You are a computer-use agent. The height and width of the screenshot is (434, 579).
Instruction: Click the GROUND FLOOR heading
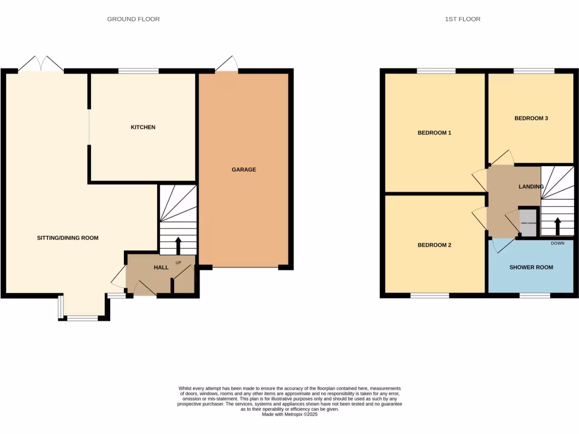133,19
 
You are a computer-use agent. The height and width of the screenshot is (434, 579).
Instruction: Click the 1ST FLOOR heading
463,19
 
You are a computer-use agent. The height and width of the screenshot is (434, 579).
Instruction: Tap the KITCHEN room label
143,128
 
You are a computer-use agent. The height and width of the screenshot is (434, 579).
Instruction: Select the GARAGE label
244,170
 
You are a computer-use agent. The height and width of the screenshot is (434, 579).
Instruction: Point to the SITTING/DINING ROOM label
68,238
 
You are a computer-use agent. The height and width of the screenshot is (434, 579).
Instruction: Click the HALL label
161,267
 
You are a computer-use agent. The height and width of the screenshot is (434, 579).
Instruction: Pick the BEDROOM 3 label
531,119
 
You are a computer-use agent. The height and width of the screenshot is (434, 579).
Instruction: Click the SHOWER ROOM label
531,267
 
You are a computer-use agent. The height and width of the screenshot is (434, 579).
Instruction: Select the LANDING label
531,186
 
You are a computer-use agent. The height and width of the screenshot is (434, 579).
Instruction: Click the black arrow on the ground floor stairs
178,246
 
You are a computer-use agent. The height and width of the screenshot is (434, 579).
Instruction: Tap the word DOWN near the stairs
558,244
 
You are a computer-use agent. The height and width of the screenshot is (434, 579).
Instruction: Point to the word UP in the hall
178,263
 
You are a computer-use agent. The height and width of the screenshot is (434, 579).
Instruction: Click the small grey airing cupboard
527,223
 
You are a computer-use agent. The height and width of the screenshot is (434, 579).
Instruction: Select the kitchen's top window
139,71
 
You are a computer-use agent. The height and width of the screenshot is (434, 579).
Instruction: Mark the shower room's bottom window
535,296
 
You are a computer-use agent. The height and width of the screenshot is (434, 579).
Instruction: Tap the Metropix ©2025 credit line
289,414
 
